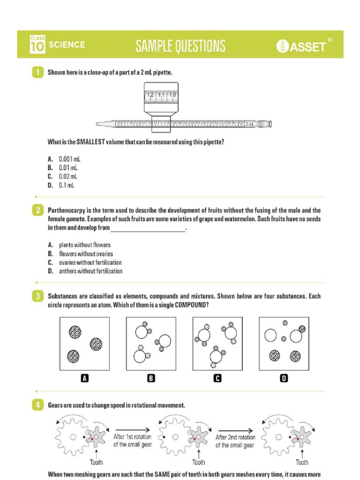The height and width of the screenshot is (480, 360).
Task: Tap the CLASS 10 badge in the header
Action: click(x=37, y=45)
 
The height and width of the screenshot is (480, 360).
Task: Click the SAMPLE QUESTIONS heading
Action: click(x=180, y=45)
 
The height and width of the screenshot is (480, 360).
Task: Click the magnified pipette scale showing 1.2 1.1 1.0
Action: click(x=161, y=95)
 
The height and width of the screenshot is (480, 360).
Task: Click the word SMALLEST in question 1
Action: click(x=89, y=142)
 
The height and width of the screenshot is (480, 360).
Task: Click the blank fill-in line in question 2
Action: click(x=148, y=229)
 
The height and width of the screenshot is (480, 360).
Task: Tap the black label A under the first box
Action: click(x=85, y=379)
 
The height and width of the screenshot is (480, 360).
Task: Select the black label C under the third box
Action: click(x=217, y=379)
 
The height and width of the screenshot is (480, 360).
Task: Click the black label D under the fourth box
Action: click(x=284, y=379)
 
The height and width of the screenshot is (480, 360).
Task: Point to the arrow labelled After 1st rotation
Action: click(x=133, y=429)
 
